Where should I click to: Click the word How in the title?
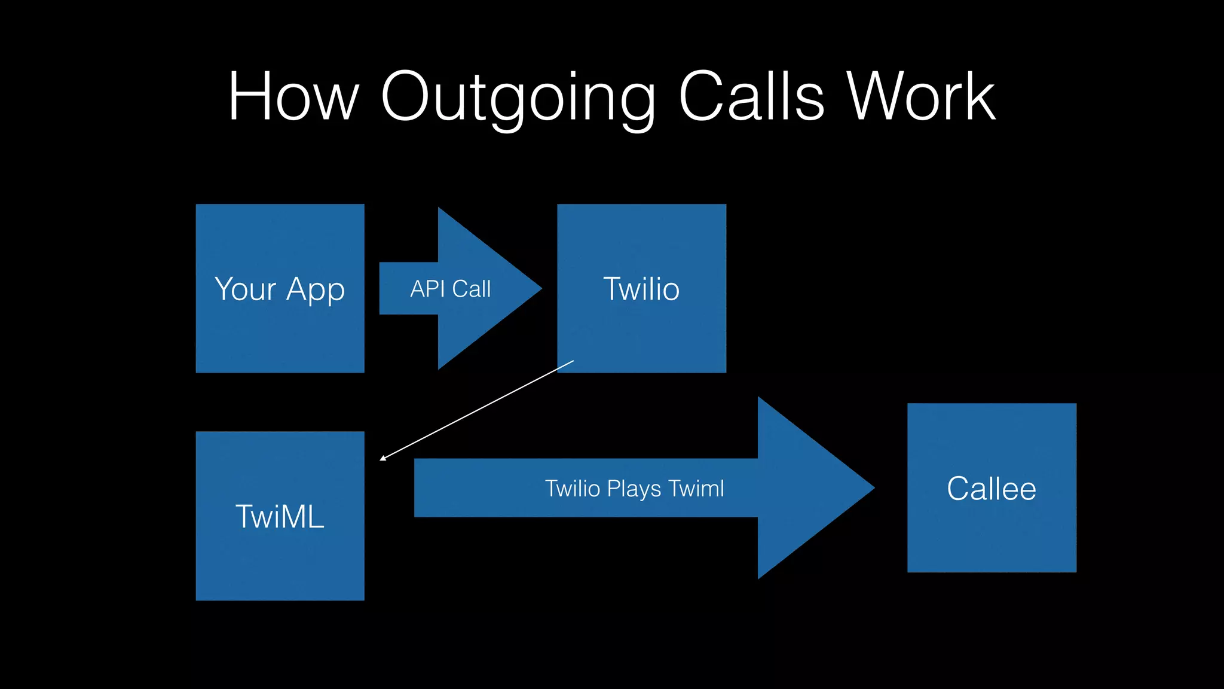(x=293, y=97)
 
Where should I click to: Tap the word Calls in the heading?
(x=751, y=97)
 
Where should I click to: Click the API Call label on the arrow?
(x=450, y=289)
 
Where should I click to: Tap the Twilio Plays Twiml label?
(x=634, y=489)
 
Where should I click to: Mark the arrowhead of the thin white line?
(x=381, y=459)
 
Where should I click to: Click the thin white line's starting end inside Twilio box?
(x=573, y=361)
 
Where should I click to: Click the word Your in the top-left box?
(x=245, y=289)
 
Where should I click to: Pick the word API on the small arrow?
(x=427, y=289)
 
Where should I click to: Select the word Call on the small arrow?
(x=471, y=289)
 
